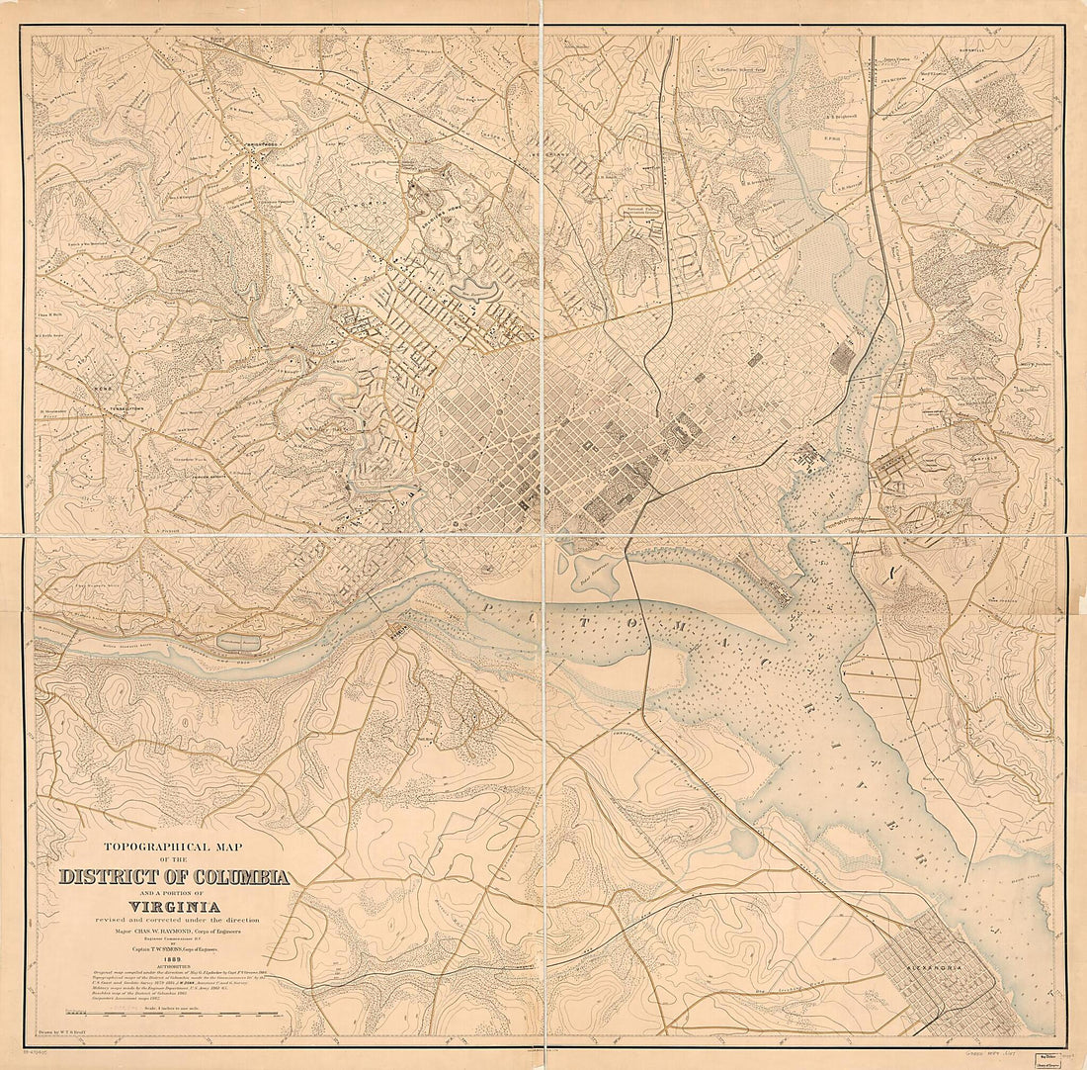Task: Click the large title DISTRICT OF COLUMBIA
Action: coord(174,877)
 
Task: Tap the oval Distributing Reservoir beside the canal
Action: coord(239,643)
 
